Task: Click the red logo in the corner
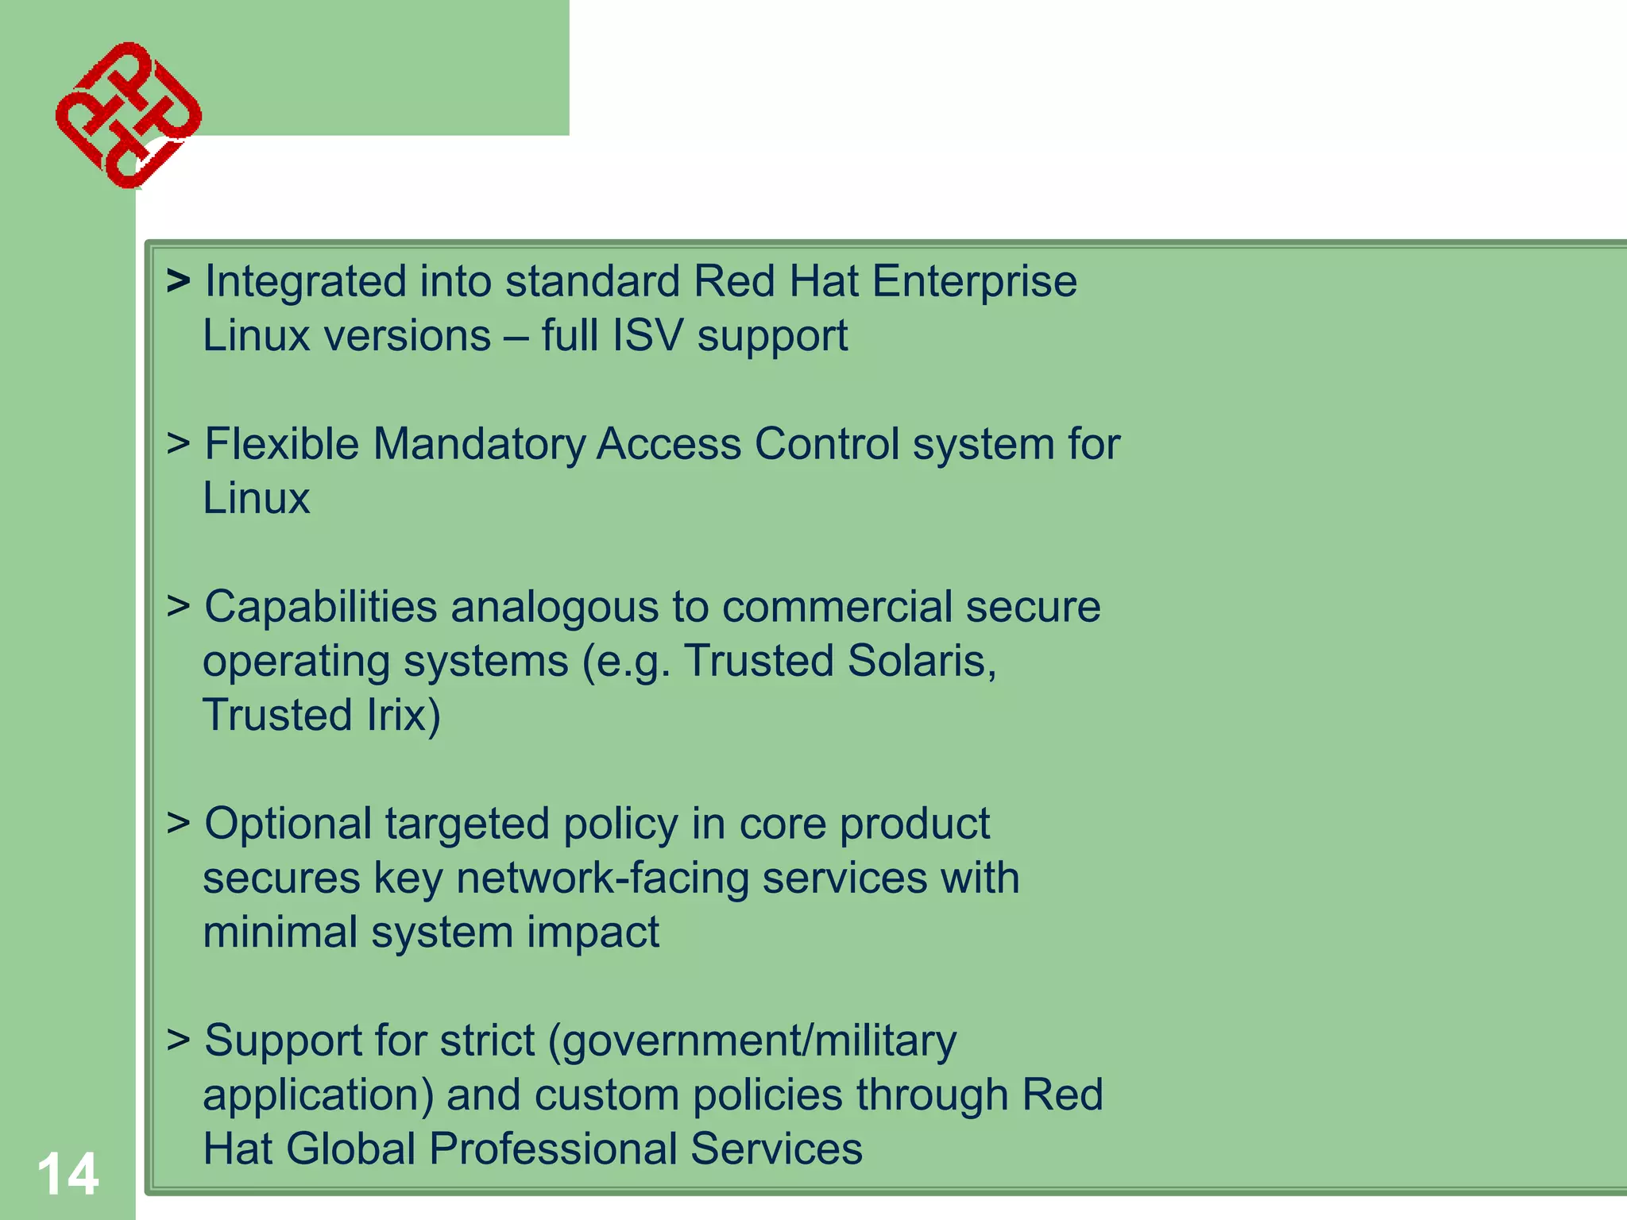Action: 128,115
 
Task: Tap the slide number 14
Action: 68,1174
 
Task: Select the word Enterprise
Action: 974,283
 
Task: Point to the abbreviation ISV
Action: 647,336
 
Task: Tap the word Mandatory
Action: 478,444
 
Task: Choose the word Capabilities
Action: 321,608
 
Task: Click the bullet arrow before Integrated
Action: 178,281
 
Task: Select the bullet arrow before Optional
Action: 178,823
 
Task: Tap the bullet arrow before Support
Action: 178,1040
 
